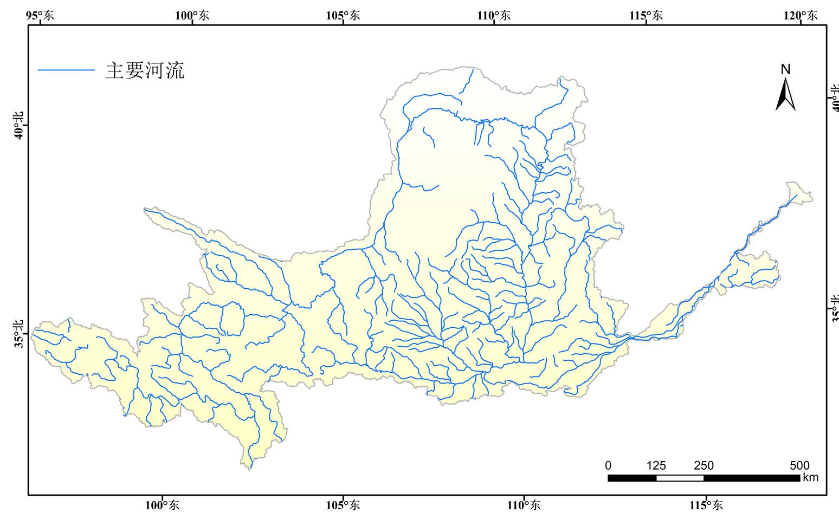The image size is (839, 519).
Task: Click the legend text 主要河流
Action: pyautogui.click(x=145, y=70)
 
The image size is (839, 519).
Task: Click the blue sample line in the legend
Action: pyautogui.click(x=66, y=70)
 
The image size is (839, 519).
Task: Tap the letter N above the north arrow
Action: pyautogui.click(x=785, y=69)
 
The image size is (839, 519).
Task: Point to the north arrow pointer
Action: pyautogui.click(x=785, y=95)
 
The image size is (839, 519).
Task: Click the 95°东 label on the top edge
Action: pyautogui.click(x=40, y=15)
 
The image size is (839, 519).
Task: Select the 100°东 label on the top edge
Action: pyautogui.click(x=192, y=15)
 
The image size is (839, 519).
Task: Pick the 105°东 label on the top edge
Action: pyautogui.click(x=343, y=15)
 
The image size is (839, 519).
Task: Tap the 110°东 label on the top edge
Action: pyautogui.click(x=494, y=15)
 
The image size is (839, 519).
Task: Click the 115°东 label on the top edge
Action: pyautogui.click(x=646, y=15)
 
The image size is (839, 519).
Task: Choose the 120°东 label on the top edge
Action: pyautogui.click(x=801, y=15)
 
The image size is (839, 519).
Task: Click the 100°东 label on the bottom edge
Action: pyautogui.click(x=162, y=505)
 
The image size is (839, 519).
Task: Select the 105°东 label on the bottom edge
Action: pyautogui.click(x=343, y=505)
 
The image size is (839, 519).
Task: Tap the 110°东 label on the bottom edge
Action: pyautogui.click(x=524, y=505)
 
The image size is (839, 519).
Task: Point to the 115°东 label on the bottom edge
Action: pyautogui.click(x=706, y=505)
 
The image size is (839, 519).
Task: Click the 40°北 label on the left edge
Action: pyautogui.click(x=20, y=125)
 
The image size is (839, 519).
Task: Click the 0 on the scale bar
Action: pyautogui.click(x=608, y=465)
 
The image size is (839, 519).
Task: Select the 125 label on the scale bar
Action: pyautogui.click(x=656, y=465)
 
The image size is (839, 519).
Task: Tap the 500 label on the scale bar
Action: pyautogui.click(x=799, y=465)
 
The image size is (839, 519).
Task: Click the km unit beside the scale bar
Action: pyautogui.click(x=811, y=477)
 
